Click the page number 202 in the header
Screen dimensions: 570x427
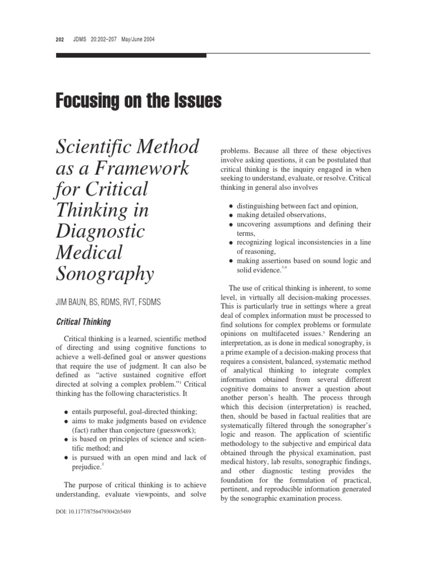[60, 40]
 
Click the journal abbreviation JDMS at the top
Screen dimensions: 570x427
[81, 40]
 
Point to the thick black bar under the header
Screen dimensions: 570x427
[131, 55]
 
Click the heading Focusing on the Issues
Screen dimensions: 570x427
[138, 101]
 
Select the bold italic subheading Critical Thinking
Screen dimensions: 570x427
[85, 322]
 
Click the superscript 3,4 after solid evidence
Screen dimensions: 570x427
[284, 268]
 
